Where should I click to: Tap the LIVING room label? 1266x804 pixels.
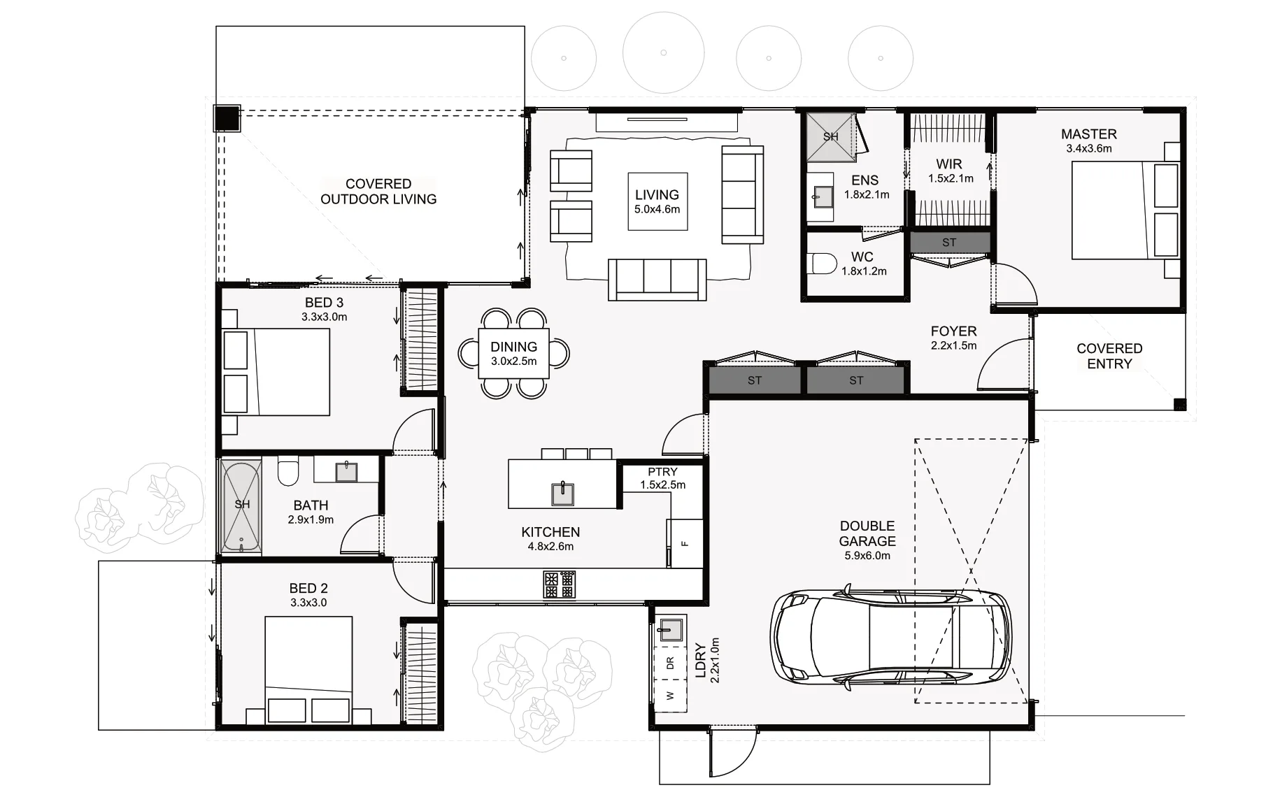point(657,201)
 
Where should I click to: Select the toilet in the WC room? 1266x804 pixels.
point(823,264)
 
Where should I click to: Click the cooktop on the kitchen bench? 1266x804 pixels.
point(560,584)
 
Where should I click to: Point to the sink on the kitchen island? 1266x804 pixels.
point(562,494)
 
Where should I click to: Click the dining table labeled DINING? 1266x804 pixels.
point(513,353)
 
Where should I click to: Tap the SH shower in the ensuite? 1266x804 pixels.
point(830,136)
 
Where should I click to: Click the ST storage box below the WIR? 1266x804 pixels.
point(949,243)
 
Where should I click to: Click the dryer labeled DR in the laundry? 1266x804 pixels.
point(670,663)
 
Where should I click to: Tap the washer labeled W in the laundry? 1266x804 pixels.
point(670,695)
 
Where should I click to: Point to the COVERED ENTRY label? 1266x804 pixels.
point(1109,356)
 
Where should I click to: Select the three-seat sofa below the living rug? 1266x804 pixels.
point(657,278)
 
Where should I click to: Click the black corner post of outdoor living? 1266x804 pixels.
point(226,117)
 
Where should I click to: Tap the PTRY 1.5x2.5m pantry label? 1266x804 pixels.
point(662,478)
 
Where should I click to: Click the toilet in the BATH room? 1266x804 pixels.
point(288,471)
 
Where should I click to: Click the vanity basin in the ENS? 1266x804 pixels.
point(822,196)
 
